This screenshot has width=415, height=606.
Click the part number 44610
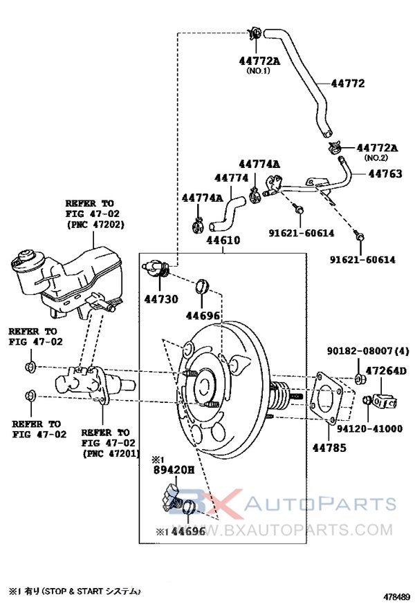(221, 241)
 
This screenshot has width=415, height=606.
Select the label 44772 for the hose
(347, 84)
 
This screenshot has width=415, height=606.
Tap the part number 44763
(385, 173)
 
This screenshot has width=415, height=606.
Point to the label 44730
(161, 299)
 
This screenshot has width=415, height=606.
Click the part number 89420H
(174, 472)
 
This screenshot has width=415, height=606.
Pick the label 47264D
(386, 372)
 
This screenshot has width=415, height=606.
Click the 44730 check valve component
(158, 272)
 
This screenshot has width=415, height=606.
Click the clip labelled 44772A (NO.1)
(254, 33)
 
